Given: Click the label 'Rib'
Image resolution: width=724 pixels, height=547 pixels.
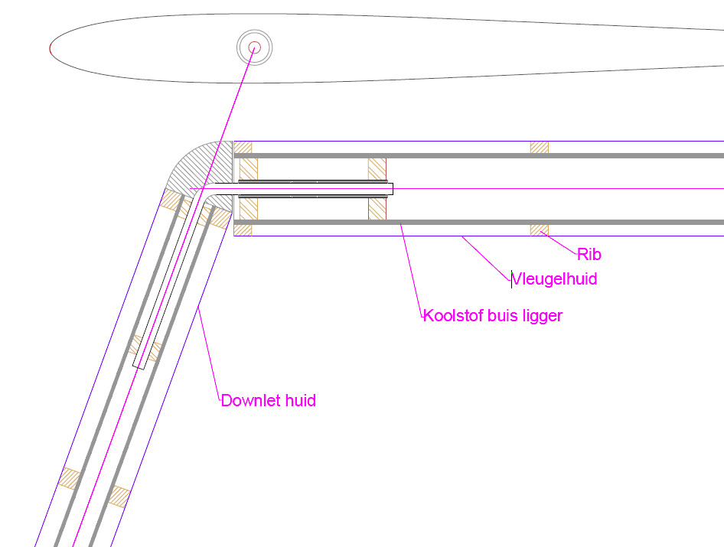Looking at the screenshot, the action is click(589, 254).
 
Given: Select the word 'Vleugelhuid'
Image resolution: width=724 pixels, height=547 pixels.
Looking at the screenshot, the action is click(555, 278).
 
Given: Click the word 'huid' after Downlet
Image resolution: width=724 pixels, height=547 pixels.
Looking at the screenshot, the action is click(301, 400).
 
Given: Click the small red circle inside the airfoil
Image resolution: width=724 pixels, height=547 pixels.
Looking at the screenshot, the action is click(254, 47).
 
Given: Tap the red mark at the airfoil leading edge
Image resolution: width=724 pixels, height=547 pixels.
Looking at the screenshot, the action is click(51, 48).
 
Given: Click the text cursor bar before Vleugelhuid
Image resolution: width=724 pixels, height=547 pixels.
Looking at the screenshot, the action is click(511, 279).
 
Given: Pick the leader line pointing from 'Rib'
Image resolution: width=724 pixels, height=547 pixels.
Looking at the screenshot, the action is click(559, 243).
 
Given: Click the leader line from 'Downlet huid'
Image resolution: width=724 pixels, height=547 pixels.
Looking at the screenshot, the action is click(209, 353).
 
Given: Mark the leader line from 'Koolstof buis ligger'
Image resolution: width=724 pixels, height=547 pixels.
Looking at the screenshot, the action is click(412, 269).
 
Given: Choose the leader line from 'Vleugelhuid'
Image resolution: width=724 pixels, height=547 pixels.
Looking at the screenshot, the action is click(487, 258).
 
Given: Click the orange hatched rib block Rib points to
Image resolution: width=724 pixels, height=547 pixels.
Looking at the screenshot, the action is click(540, 230).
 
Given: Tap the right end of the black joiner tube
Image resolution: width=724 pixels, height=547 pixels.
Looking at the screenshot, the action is click(393, 189).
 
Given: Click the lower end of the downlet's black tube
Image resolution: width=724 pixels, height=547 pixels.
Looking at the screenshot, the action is click(138, 367).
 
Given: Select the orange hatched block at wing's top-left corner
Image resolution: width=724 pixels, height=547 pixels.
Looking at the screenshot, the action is click(243, 147).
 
